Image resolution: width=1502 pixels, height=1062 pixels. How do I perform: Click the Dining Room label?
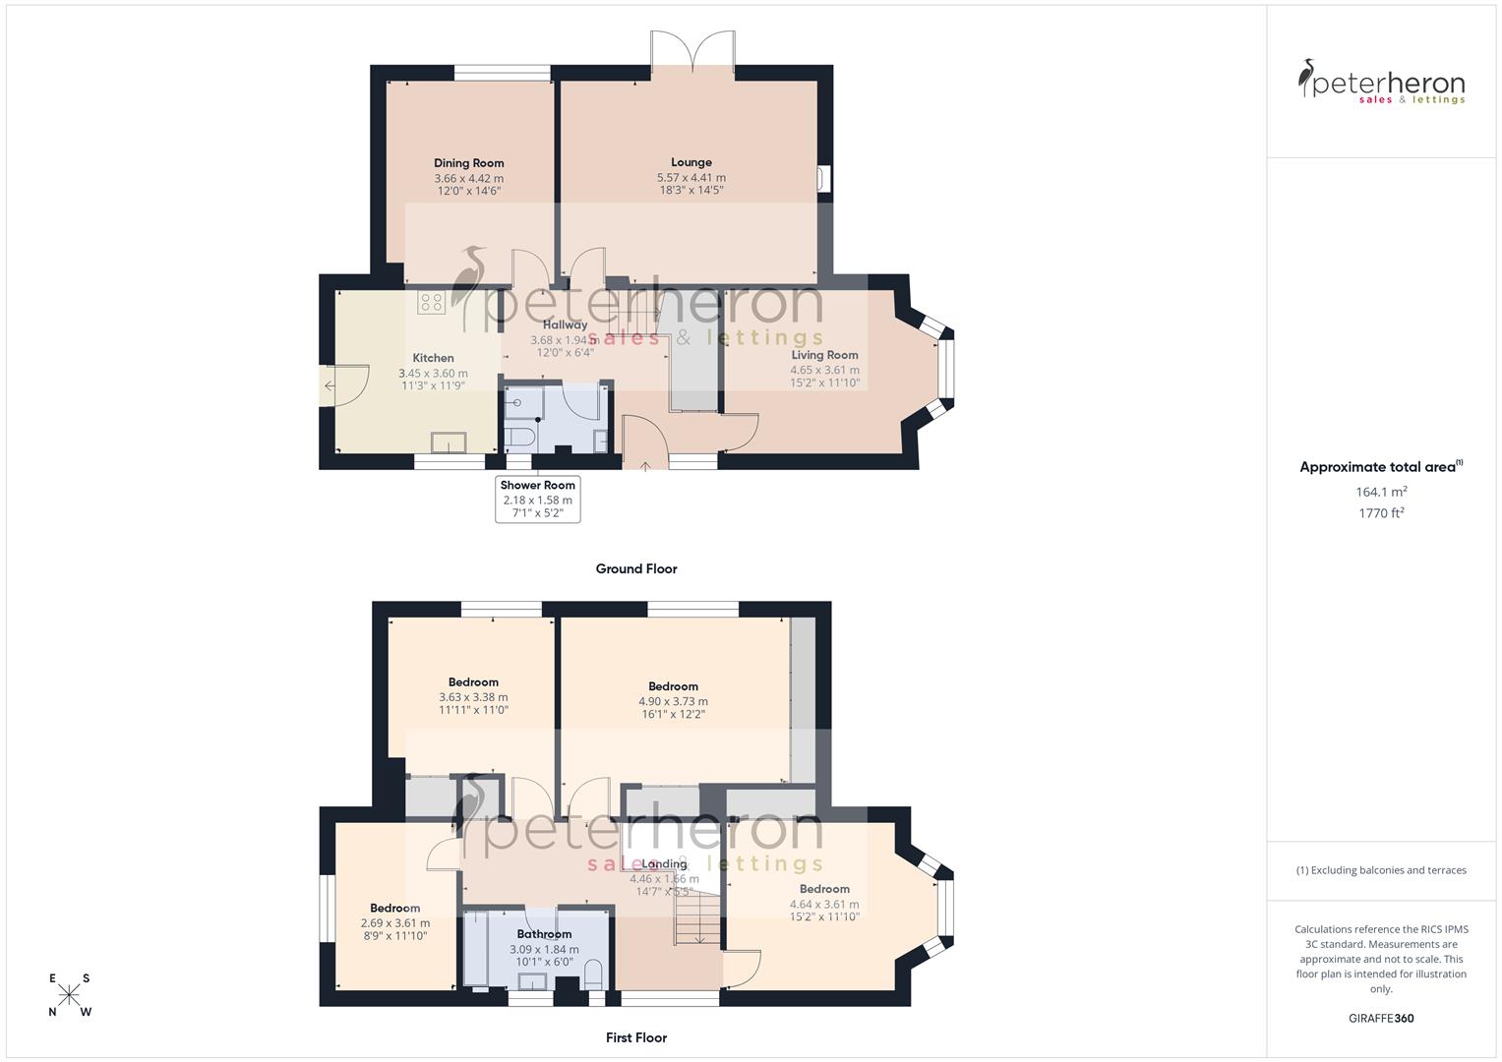[x=468, y=163]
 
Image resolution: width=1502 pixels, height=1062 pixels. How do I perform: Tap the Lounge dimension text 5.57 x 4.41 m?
[x=691, y=178]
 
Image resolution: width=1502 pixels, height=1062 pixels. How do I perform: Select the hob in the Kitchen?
[x=431, y=302]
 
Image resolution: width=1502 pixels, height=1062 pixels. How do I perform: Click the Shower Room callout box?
[x=537, y=499]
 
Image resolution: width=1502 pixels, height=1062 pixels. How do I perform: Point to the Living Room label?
[x=824, y=355]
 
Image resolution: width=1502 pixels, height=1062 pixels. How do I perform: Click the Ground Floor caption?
[x=635, y=568]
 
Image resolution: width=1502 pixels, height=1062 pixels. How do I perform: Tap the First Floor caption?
[x=635, y=1037]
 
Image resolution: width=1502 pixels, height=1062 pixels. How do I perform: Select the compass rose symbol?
[x=69, y=995]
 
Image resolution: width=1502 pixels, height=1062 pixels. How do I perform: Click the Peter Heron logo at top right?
[x=1381, y=83]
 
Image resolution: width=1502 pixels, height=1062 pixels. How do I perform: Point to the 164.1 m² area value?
[x=1380, y=492]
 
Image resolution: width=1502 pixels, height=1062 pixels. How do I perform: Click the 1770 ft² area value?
[x=1380, y=513]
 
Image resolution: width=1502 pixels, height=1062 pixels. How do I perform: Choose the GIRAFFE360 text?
[x=1380, y=1019]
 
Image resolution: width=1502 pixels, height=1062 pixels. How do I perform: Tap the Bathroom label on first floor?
[x=544, y=934]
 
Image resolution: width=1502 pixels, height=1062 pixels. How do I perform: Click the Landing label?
[x=664, y=864]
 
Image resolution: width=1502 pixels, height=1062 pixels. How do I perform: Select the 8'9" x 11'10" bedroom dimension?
[x=394, y=937]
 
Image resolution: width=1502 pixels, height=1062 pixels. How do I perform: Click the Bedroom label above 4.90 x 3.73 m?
[x=673, y=686]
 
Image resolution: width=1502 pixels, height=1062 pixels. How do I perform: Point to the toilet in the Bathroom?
[x=593, y=975]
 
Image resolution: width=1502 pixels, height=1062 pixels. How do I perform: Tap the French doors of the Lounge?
[x=692, y=54]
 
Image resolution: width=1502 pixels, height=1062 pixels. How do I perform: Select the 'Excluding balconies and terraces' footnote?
[x=1380, y=870]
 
